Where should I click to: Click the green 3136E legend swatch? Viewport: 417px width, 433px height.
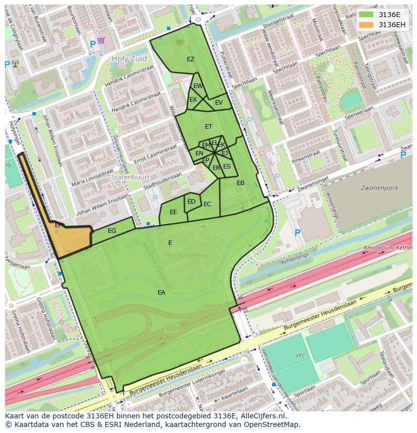pyautogui.click(x=367, y=15)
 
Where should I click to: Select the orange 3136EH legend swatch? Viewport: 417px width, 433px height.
pyautogui.click(x=367, y=25)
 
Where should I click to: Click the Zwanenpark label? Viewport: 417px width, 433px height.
pyautogui.click(x=379, y=188)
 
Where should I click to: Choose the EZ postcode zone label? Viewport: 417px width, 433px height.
pyautogui.click(x=190, y=59)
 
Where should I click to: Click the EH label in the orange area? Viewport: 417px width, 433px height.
pyautogui.click(x=59, y=225)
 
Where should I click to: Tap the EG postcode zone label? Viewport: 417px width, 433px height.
pyautogui.click(x=112, y=231)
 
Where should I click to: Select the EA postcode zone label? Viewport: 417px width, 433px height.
pyautogui.click(x=161, y=292)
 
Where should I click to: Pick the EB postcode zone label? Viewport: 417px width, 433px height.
pyautogui.click(x=240, y=183)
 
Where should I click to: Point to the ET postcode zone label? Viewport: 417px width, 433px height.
pyautogui.click(x=208, y=127)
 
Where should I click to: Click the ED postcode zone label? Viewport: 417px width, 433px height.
pyautogui.click(x=191, y=202)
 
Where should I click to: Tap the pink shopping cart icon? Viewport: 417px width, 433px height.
pyautogui.click(x=101, y=40)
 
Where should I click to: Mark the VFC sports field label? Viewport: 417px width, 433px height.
pyautogui.click(x=300, y=355)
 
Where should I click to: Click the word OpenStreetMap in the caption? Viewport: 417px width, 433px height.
pyautogui.click(x=272, y=424)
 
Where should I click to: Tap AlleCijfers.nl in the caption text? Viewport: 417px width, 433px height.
pyautogui.click(x=262, y=416)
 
